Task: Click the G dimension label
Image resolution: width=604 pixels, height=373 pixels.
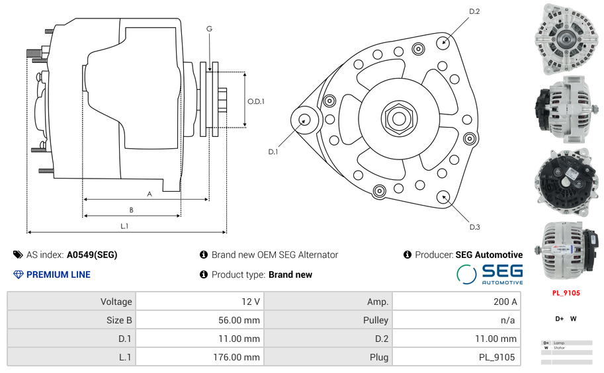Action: click(209, 29)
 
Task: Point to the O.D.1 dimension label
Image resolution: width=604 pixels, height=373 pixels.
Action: click(256, 101)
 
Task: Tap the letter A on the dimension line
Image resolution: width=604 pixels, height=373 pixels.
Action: click(150, 194)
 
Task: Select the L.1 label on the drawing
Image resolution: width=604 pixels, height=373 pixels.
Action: click(124, 226)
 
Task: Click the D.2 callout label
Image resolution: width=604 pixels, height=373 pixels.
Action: click(474, 12)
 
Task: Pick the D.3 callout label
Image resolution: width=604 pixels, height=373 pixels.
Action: click(474, 227)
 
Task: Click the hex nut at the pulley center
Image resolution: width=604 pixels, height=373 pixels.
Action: click(399, 118)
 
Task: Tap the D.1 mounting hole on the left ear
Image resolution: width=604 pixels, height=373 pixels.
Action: click(305, 120)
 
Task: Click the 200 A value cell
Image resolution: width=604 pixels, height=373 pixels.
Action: click(455, 302)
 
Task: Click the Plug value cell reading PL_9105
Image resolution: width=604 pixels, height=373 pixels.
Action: click(455, 357)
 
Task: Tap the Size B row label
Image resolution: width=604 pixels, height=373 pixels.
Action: click(71, 320)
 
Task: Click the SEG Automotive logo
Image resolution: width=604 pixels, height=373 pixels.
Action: click(490, 274)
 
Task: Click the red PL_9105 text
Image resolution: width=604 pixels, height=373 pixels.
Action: click(566, 292)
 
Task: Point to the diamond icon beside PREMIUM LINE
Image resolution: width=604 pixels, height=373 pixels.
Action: click(18, 274)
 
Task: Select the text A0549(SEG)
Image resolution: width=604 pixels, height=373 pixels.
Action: click(92, 255)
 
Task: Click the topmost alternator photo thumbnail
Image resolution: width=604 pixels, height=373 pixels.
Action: click(566, 38)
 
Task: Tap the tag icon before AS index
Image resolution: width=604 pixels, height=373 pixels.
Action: click(18, 255)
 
